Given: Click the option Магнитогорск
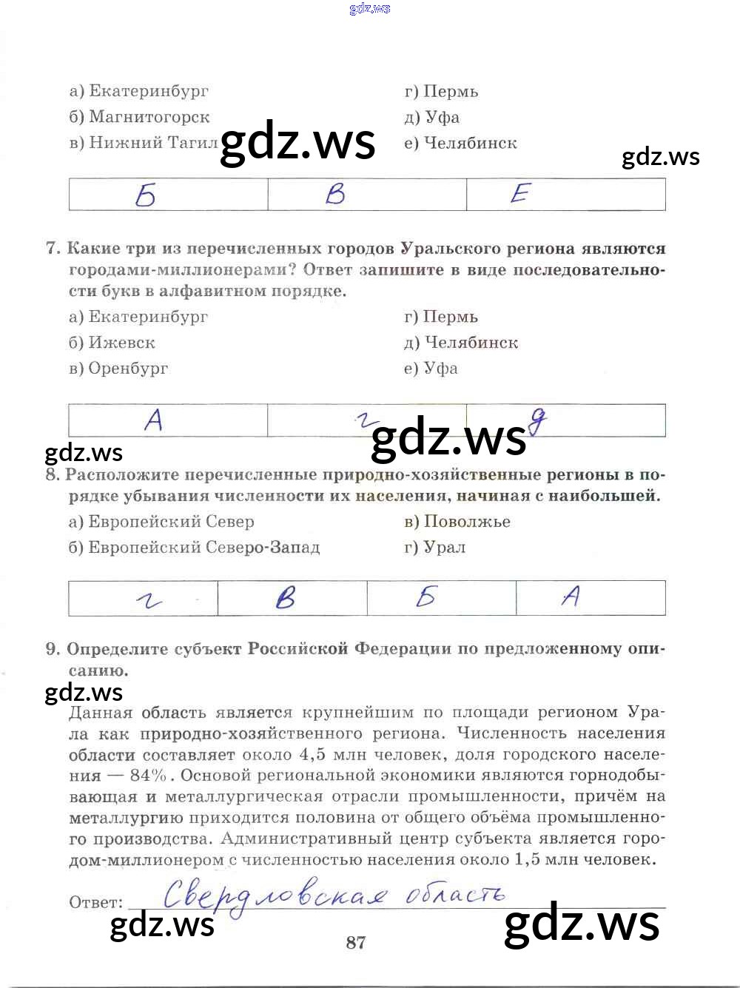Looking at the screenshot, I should click(140, 117).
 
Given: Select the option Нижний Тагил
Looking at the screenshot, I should click(144, 142).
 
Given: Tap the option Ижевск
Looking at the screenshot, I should click(112, 343).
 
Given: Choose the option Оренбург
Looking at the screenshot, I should click(118, 369).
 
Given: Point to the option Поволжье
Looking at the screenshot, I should click(457, 522).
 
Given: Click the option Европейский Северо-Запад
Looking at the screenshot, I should click(195, 548).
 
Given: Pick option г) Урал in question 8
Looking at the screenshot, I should click(435, 548).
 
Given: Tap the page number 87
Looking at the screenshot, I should click(355, 942).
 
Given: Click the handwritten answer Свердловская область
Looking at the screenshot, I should click(333, 895).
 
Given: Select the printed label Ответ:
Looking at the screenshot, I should click(96, 902).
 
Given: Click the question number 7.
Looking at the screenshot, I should click(53, 249).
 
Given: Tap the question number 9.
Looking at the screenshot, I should click(53, 649).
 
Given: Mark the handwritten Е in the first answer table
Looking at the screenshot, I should click(520, 194).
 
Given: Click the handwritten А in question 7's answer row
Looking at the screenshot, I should click(154, 420).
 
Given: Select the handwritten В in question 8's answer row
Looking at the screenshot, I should click(286, 597).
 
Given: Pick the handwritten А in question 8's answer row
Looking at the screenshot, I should click(571, 596).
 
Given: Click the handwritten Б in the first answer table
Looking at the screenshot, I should click(146, 195).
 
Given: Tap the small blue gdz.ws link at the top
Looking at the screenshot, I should click(369, 9).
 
